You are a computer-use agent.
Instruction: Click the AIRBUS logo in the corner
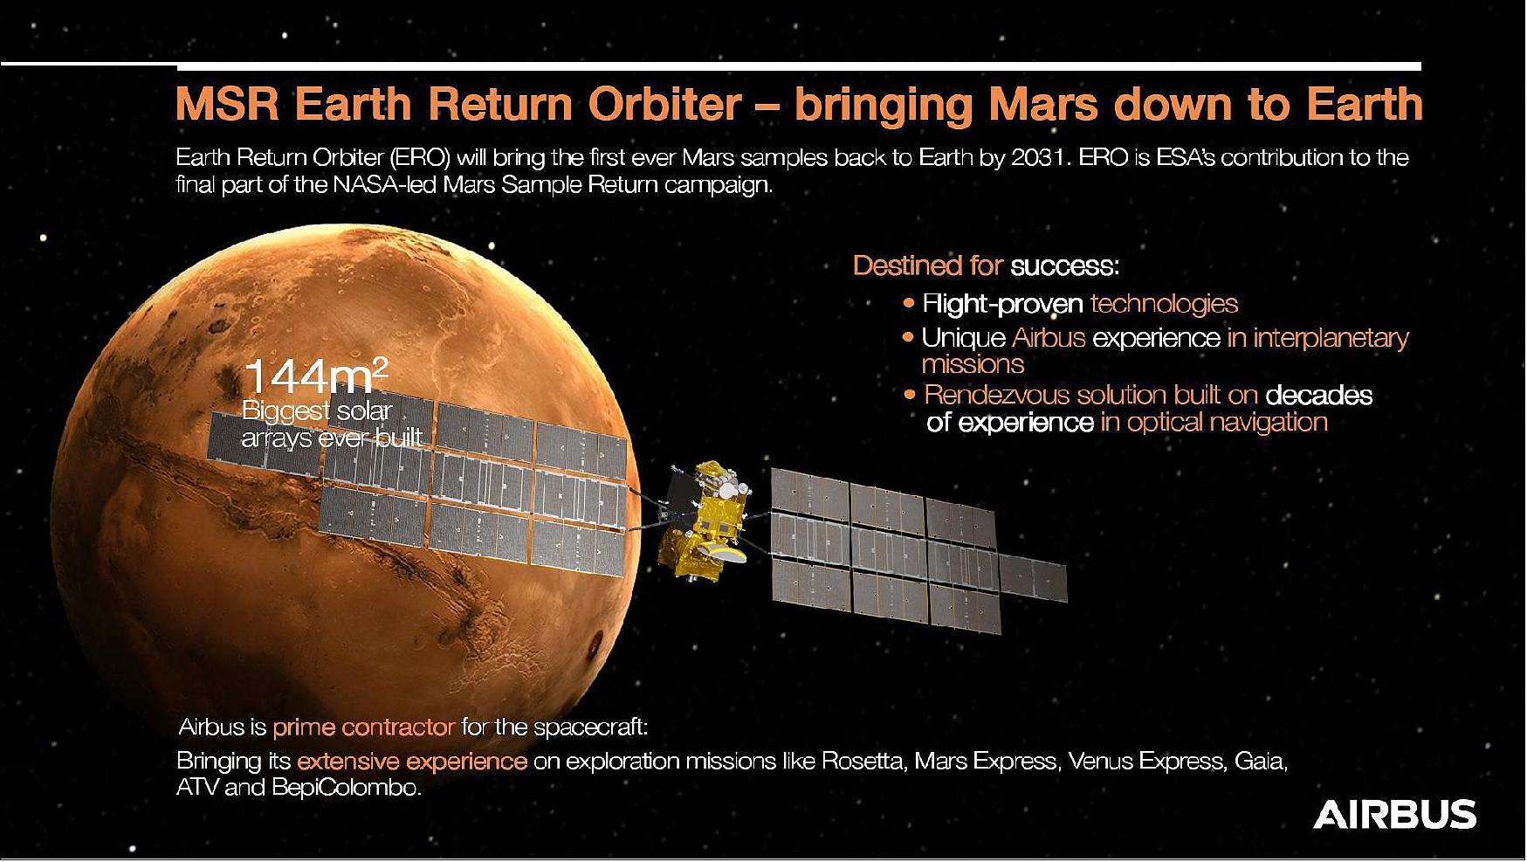click(1394, 814)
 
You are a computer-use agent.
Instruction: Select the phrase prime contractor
click(363, 727)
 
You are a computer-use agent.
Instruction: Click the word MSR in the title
click(227, 105)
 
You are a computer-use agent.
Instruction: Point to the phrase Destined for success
click(985, 265)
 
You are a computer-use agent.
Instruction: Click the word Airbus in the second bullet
click(1049, 338)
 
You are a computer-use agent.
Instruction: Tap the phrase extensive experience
click(411, 762)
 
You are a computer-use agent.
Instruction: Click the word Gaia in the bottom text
click(1260, 762)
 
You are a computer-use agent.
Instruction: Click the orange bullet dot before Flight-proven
click(910, 304)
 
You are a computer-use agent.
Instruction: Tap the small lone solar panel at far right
click(1033, 578)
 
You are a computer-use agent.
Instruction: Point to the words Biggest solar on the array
click(317, 410)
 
